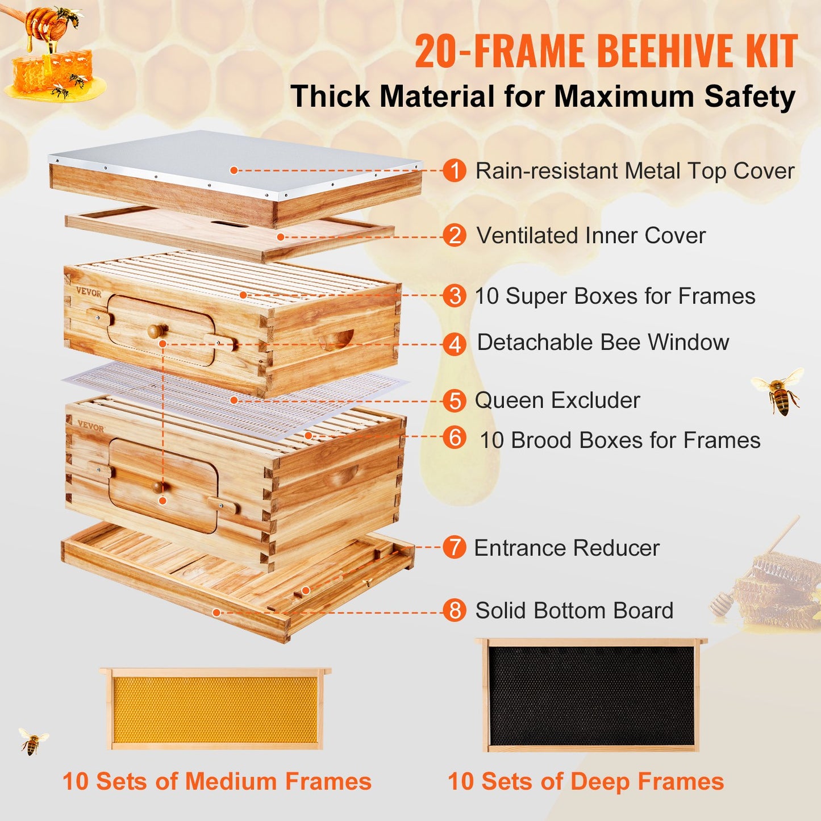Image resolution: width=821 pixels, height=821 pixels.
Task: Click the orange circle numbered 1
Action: click(x=455, y=170)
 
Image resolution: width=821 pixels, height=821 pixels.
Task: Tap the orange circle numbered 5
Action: click(x=455, y=401)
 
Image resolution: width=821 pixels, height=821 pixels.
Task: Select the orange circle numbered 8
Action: click(x=455, y=611)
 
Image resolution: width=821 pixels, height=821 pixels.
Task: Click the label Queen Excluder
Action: click(x=557, y=401)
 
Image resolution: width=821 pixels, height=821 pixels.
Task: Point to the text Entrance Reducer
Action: click(x=566, y=548)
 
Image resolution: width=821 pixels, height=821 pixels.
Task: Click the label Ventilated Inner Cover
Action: click(x=591, y=236)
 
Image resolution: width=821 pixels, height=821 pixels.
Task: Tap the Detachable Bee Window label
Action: click(x=602, y=343)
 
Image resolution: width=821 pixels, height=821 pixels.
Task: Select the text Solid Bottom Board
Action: click(x=574, y=611)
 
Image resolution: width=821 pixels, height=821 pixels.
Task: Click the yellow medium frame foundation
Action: click(x=215, y=710)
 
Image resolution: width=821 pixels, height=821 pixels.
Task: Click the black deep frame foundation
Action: click(x=591, y=696)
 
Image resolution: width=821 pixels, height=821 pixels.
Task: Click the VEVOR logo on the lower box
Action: click(x=91, y=427)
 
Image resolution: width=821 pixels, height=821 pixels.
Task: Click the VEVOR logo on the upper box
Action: click(x=89, y=293)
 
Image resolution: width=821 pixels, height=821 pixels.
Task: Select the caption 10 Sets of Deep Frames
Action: click(x=585, y=782)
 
